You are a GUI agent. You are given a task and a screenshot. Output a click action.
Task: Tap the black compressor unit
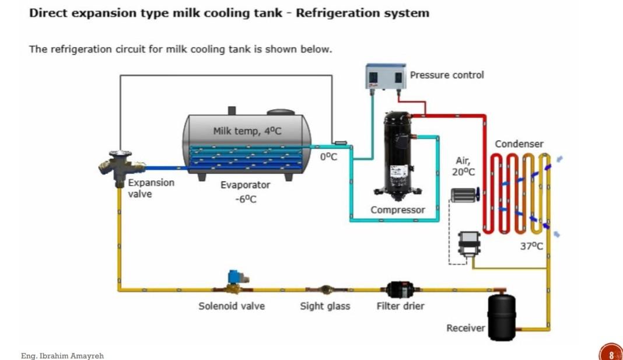click(x=398, y=153)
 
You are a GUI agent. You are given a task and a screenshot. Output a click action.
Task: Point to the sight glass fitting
click(x=325, y=289)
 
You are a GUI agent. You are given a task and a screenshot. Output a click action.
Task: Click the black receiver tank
click(x=501, y=316)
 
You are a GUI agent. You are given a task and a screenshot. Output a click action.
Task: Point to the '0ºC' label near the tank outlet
click(x=329, y=156)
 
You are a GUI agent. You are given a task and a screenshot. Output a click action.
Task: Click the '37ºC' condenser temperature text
click(x=531, y=246)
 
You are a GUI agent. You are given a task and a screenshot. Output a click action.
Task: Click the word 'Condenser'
click(x=519, y=144)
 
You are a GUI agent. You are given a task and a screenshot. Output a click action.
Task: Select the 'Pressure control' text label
click(x=447, y=75)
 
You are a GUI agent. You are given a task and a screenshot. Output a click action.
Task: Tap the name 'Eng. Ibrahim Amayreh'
click(x=62, y=355)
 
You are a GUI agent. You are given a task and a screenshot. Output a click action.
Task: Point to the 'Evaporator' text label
click(x=245, y=185)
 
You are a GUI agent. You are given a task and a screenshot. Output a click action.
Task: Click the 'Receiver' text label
click(x=466, y=328)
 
